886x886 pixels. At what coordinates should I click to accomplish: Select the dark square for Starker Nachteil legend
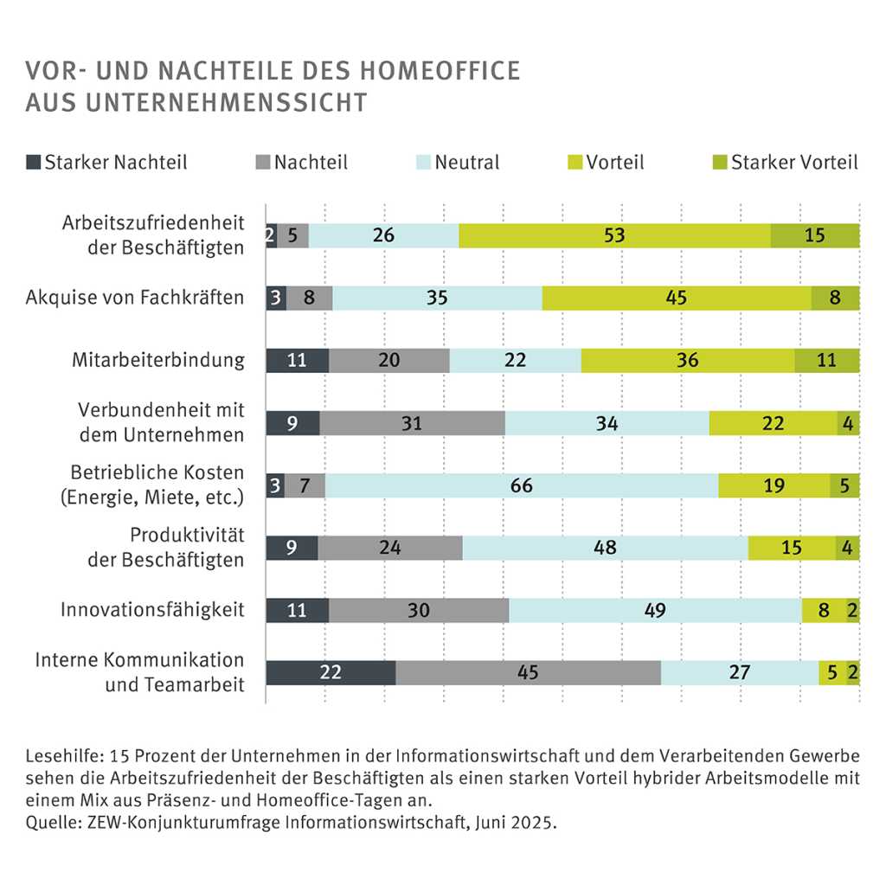pos(34,162)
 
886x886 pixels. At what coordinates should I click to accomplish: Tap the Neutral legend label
pos(466,162)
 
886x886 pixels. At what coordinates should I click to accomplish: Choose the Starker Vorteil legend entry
pos(793,162)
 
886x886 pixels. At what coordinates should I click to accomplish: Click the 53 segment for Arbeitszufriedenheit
pos(614,235)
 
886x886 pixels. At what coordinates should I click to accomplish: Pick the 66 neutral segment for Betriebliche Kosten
pos(521,485)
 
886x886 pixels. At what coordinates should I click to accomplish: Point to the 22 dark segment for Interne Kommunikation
pos(331,672)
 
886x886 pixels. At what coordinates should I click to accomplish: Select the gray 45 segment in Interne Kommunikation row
pos(528,672)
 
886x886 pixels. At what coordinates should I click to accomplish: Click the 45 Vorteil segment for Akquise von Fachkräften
pos(677,298)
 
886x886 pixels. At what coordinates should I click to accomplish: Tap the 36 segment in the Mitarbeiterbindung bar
pos(688,361)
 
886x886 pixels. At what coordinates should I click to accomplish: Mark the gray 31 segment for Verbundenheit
pos(412,423)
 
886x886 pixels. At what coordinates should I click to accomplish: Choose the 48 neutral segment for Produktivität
pos(605,548)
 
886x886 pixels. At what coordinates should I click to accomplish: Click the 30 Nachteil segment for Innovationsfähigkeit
pos(419,610)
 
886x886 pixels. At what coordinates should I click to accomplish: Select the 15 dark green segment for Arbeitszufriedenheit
pos(814,235)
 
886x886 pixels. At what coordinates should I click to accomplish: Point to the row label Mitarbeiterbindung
pos(158,361)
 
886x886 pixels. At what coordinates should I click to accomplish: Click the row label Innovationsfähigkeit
pos(152,610)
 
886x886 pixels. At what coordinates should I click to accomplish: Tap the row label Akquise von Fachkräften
pos(135,299)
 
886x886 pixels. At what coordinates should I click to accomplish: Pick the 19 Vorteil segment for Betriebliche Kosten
pos(774,485)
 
